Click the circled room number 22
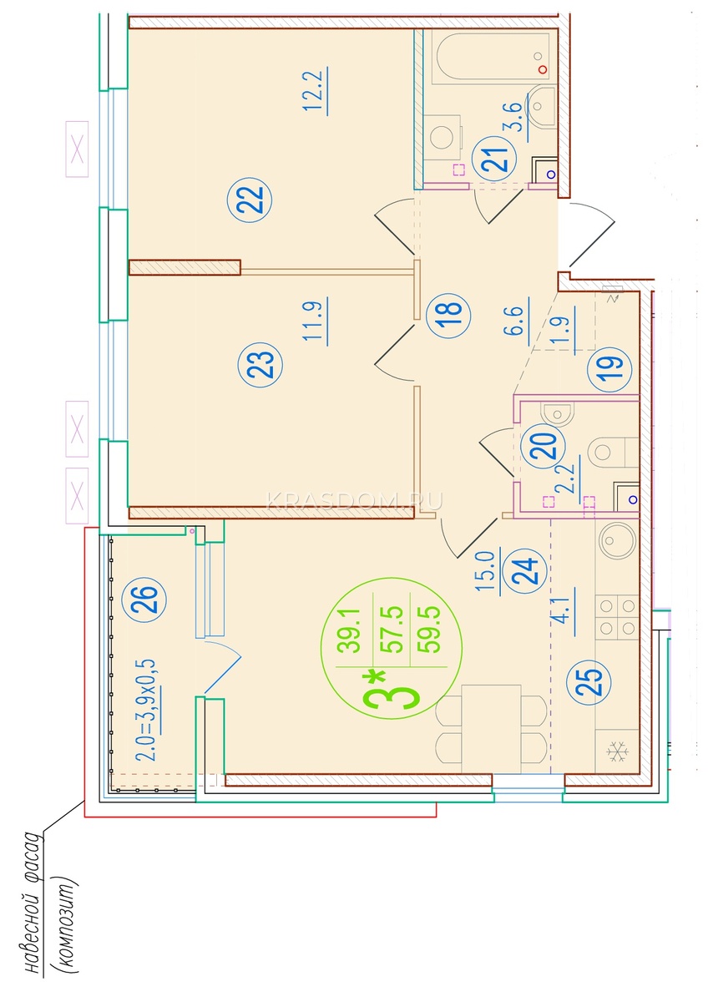click(250, 199)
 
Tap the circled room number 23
click(260, 365)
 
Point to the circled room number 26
click(144, 600)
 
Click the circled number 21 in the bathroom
click(494, 158)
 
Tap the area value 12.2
click(316, 92)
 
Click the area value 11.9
click(316, 321)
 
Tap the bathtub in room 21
click(491, 58)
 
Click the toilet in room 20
click(613, 452)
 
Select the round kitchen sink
click(617, 540)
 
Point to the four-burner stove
click(617, 617)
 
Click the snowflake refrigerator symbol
click(617, 752)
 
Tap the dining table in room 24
click(491, 729)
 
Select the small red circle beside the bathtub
click(543, 69)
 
